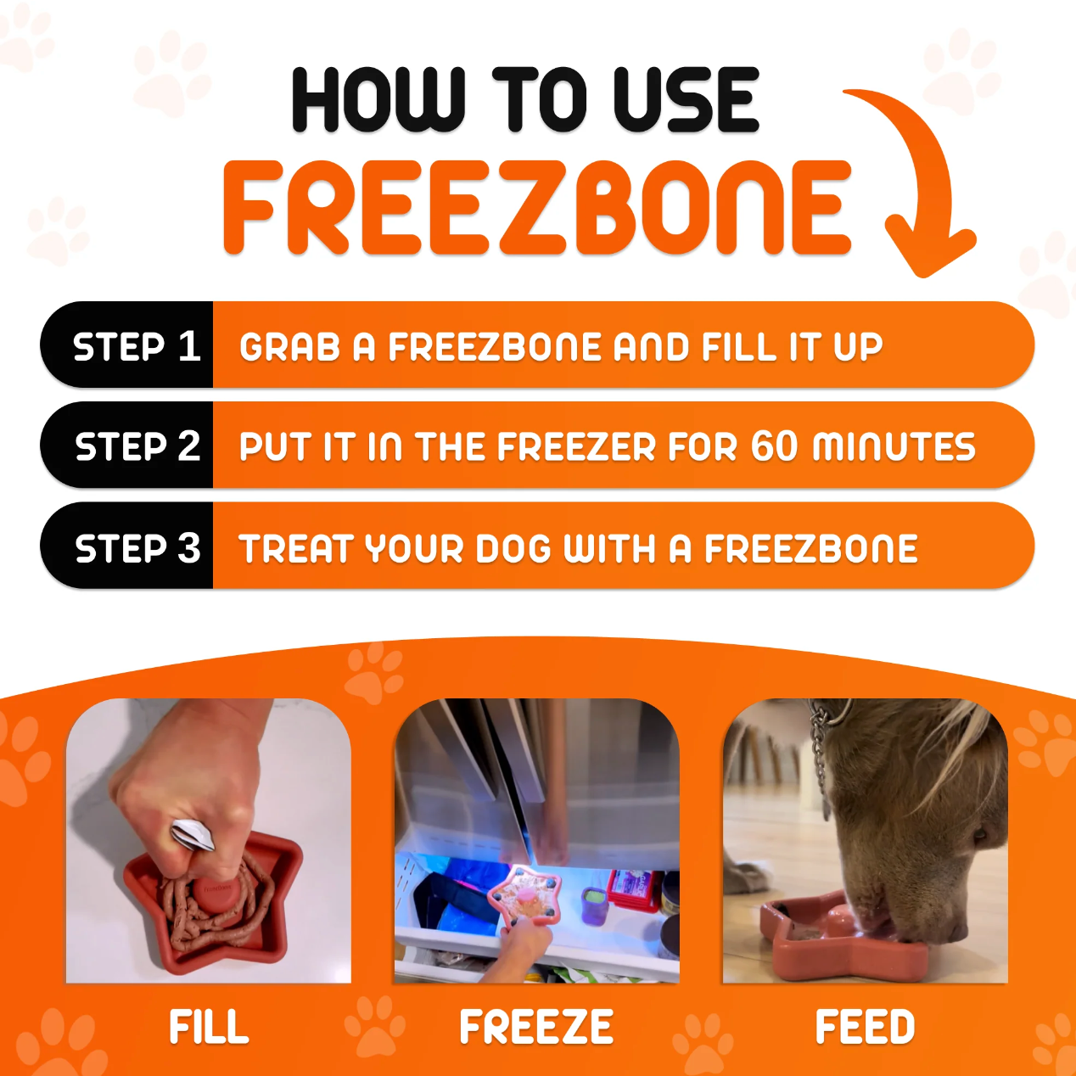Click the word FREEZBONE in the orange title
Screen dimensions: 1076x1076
(537, 208)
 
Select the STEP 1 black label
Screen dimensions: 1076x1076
(127, 345)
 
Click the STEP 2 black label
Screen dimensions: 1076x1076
(127, 445)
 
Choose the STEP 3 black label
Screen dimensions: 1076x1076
(127, 546)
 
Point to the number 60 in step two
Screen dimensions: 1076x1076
(774, 446)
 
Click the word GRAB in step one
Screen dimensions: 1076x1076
(290, 347)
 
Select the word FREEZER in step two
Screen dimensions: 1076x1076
(576, 446)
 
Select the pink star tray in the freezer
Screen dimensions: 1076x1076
(522, 895)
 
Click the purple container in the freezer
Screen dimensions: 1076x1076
(595, 904)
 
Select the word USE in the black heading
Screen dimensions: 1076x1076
(686, 100)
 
